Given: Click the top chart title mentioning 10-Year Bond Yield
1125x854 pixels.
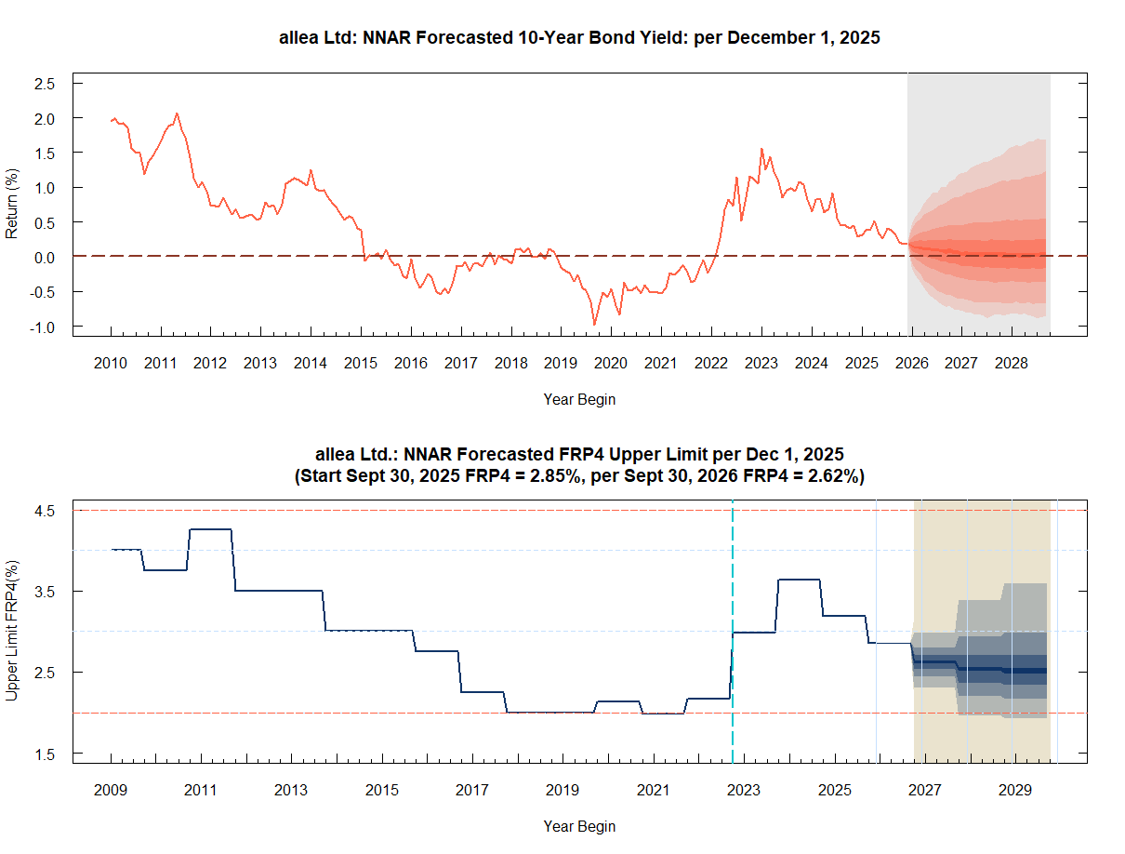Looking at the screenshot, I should [579, 38].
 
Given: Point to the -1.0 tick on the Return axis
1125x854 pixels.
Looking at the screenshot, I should [43, 327].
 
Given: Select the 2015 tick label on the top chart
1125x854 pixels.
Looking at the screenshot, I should [361, 363].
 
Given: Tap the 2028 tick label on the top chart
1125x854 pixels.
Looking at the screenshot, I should [1012, 363].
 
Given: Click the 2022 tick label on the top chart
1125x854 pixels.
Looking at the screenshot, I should [711, 363].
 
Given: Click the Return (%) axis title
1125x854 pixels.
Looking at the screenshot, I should [12, 204].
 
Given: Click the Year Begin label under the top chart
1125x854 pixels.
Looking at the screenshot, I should [579, 399].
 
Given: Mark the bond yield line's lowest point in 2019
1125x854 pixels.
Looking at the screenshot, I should [594, 325].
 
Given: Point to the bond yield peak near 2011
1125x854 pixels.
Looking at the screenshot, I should [177, 113].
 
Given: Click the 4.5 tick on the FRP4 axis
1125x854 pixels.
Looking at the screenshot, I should [45, 511].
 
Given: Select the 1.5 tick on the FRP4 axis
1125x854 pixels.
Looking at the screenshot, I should [45, 754].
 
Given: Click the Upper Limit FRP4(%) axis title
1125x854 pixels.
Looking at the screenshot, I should [12, 631].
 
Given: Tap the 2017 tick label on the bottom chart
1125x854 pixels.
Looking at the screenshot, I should [472, 791].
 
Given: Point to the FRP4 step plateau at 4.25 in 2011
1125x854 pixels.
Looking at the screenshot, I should [210, 529].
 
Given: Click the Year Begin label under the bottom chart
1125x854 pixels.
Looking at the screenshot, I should [579, 826].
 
